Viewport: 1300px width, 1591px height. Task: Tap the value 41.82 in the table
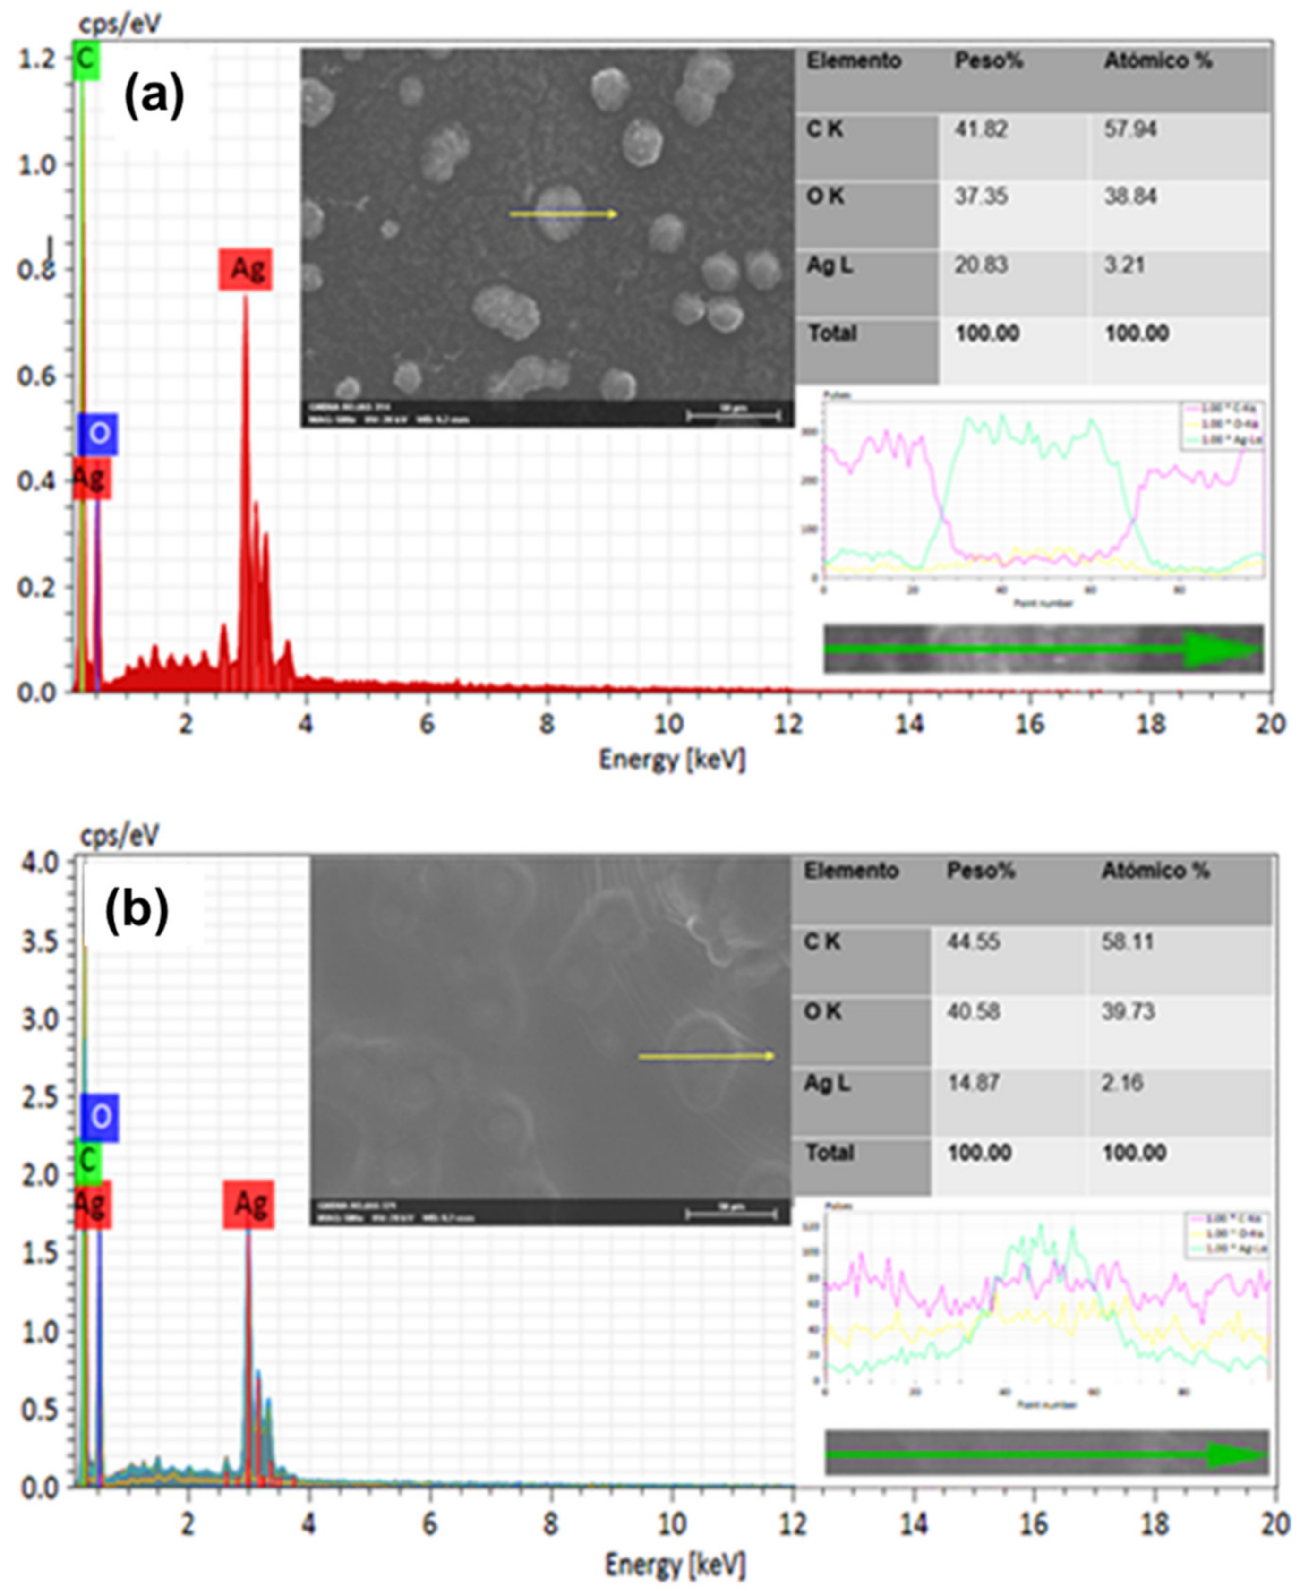coord(980,129)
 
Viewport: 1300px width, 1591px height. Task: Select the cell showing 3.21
coord(1124,265)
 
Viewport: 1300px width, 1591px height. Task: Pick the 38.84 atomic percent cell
coord(1130,197)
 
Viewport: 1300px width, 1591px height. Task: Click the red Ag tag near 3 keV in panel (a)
coord(246,269)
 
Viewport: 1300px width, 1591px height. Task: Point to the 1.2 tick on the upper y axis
coord(37,59)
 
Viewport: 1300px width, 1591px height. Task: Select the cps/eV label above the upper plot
coord(120,24)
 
